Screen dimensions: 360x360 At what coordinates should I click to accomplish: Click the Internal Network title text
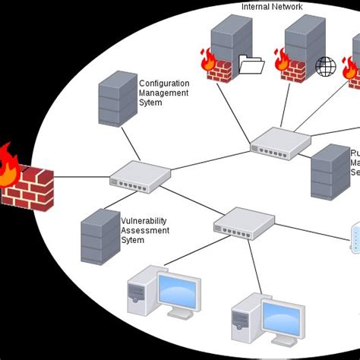point(272,7)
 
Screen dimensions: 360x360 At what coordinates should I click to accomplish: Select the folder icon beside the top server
point(251,66)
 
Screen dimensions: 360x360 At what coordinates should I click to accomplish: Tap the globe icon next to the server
point(326,66)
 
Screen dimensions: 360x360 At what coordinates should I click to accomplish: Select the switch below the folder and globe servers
point(280,143)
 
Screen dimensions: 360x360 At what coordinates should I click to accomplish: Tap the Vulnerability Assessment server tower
point(100,235)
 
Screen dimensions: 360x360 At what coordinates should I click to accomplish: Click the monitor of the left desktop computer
point(178,290)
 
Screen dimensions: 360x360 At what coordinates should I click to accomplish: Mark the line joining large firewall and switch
point(81,179)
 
